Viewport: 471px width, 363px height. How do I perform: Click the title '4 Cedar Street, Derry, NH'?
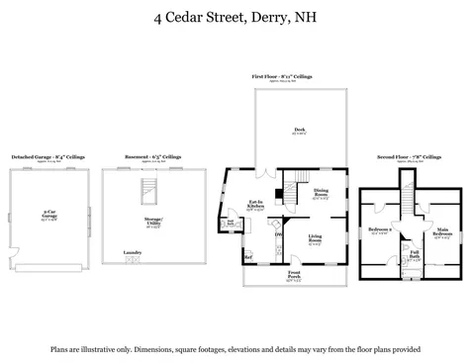pyautogui.click(x=235, y=17)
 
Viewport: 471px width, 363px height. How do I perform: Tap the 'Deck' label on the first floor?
pyautogui.click(x=299, y=130)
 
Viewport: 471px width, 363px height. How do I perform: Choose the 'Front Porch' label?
pyautogui.click(x=294, y=274)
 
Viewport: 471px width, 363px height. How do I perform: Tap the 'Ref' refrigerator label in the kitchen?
pyautogui.click(x=248, y=258)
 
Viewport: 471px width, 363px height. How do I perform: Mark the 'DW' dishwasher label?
pyautogui.click(x=278, y=234)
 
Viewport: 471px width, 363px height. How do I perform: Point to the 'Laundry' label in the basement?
pyautogui.click(x=132, y=253)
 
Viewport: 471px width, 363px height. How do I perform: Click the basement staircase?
pyautogui.click(x=148, y=192)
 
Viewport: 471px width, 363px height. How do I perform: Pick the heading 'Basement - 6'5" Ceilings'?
pyautogui.click(x=152, y=156)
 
